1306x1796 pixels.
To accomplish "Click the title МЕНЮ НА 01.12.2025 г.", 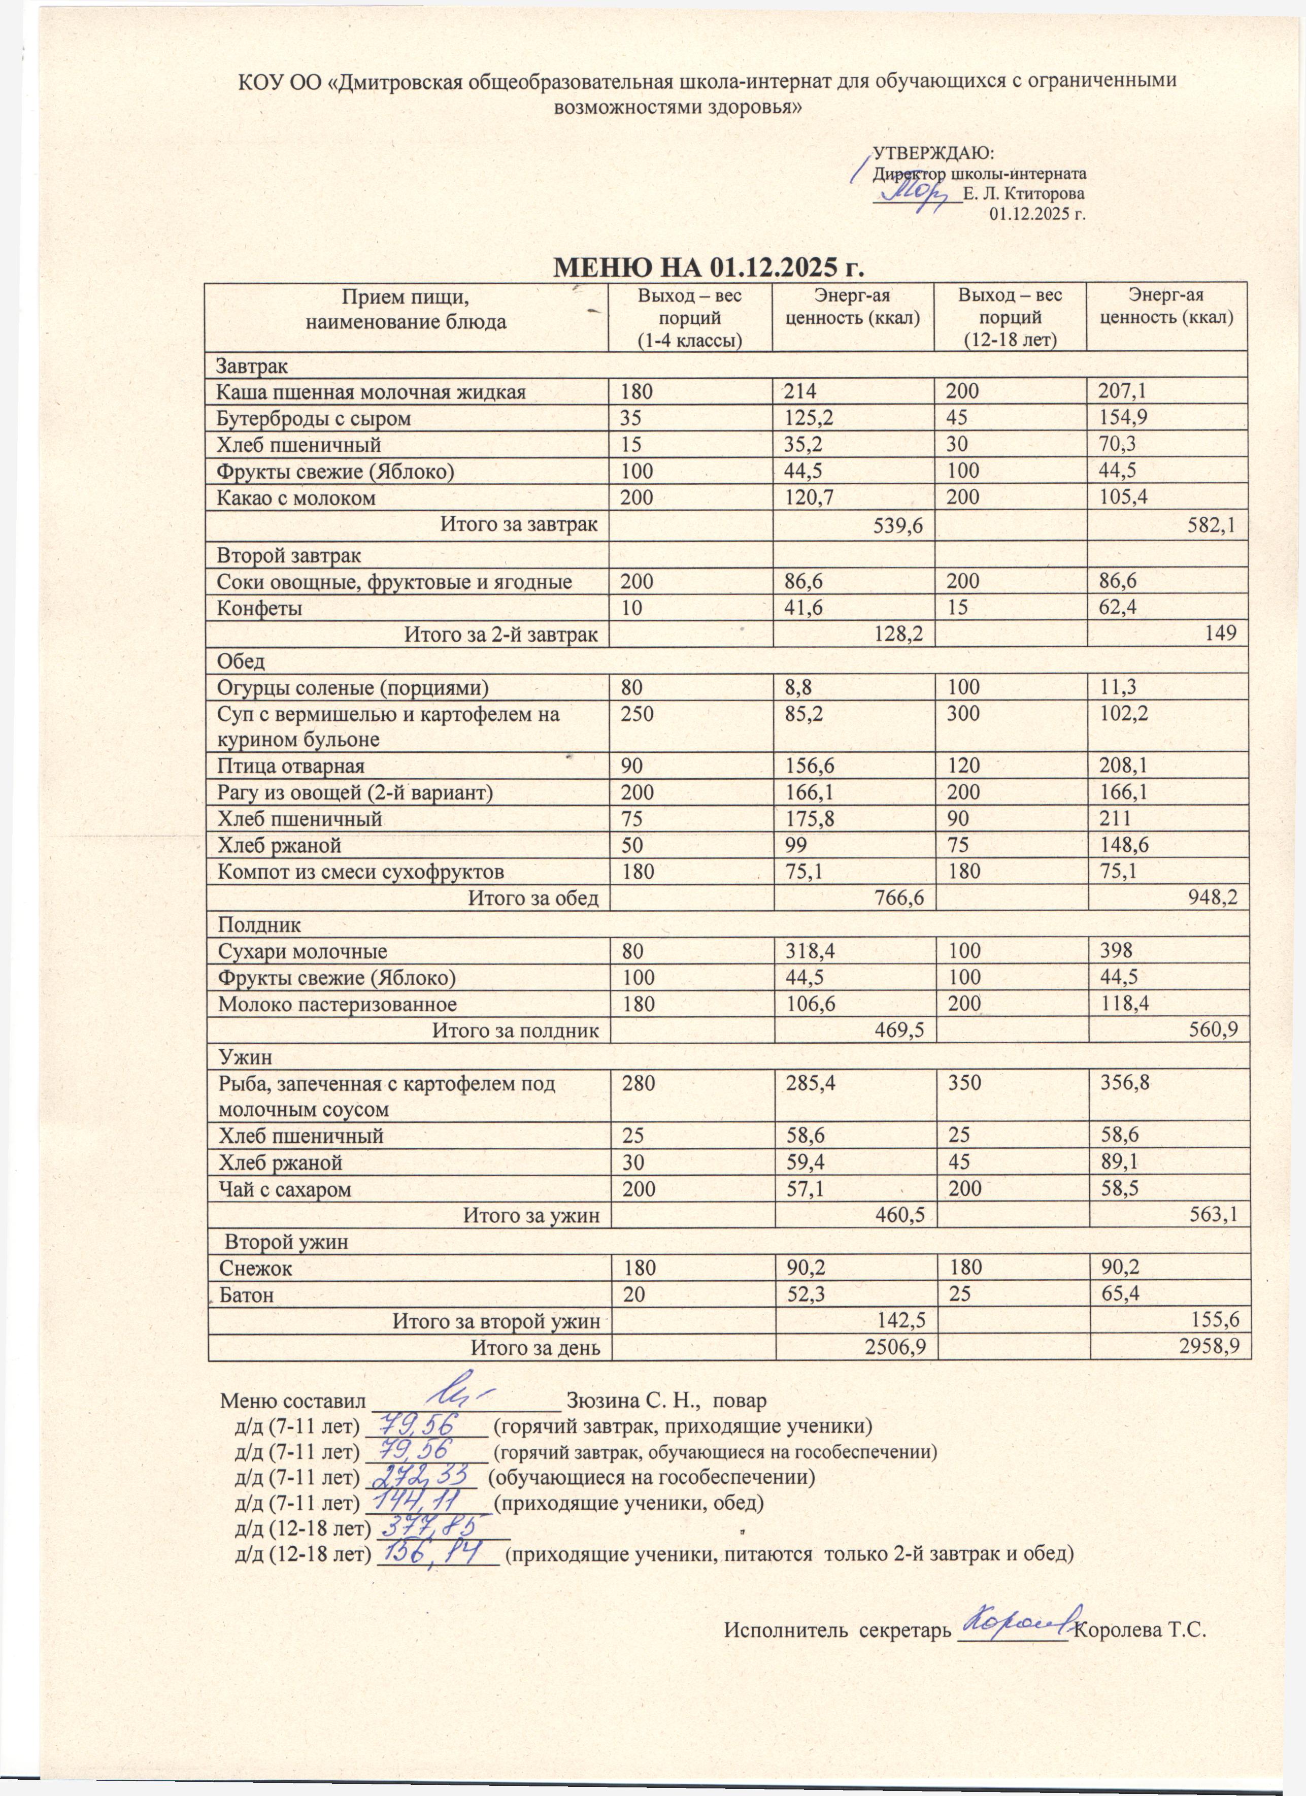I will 707,267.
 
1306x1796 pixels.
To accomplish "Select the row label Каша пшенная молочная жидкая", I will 372,391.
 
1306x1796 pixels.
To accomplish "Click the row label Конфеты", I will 260,608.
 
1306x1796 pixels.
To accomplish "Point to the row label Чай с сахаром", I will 284,1189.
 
